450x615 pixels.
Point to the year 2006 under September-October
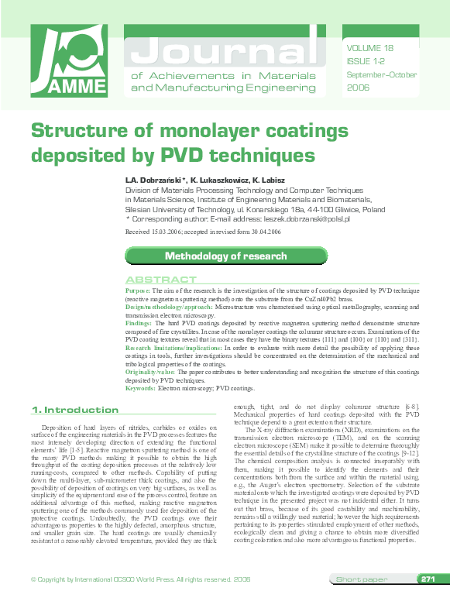359,88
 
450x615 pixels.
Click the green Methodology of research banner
225,256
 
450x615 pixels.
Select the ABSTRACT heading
161,280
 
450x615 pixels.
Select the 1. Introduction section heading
74,410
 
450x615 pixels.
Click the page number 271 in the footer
428,600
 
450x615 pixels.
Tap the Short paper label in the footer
359,601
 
